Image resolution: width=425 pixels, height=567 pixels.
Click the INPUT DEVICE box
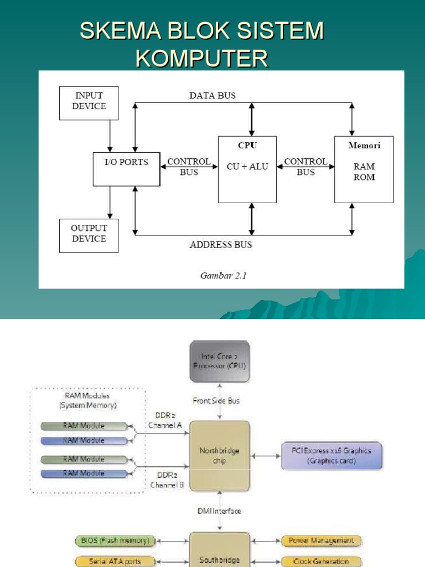89,102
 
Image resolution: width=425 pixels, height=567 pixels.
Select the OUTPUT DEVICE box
89,235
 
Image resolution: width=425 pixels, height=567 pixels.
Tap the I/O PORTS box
126,169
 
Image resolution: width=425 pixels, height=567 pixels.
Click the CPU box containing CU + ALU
247,169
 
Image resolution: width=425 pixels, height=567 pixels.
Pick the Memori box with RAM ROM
364,169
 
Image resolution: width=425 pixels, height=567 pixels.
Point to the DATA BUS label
212,95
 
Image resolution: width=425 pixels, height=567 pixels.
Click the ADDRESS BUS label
221,244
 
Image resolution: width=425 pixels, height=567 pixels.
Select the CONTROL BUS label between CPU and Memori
305,167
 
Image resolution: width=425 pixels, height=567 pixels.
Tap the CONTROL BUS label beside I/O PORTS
189,167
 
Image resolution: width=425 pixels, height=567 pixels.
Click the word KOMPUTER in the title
202,58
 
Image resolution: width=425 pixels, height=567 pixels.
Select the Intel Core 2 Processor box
220,361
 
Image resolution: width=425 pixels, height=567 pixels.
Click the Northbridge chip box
220,455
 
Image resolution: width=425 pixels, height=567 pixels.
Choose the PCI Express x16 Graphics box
332,455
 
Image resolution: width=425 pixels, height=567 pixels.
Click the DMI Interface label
219,511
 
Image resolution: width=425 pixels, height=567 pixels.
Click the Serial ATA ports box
115,561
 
